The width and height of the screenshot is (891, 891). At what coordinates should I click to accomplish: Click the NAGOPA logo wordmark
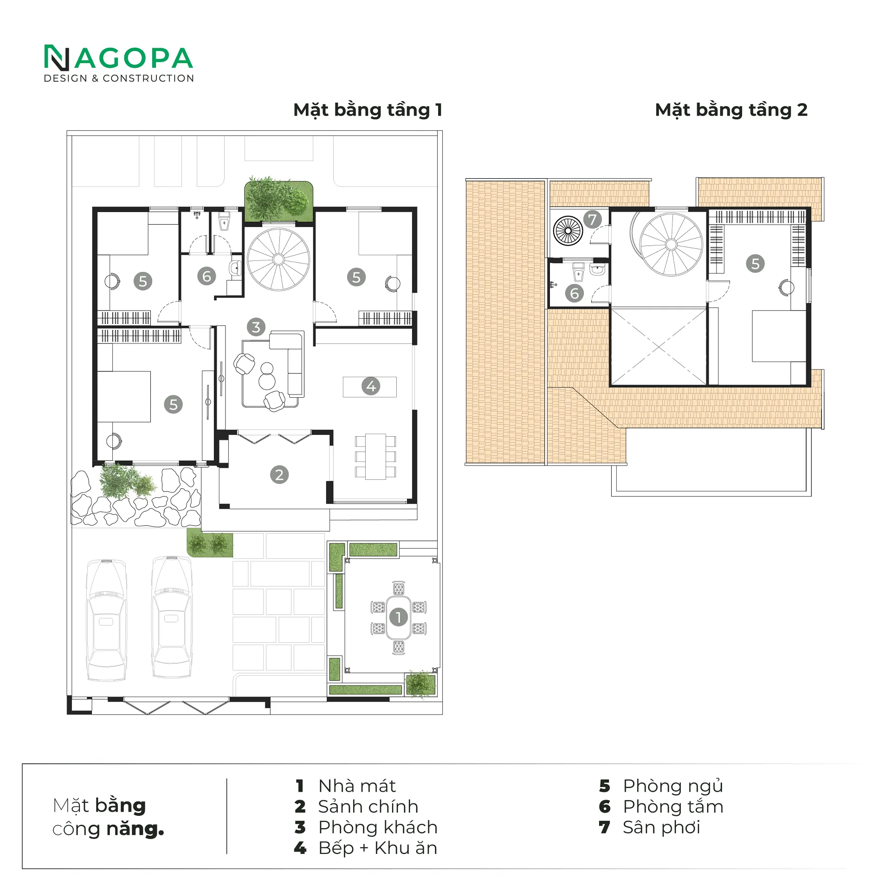[x=118, y=58]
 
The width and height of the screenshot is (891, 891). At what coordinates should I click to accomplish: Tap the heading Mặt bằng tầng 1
[x=368, y=110]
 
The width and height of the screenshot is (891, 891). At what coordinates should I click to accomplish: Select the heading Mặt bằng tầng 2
[x=731, y=110]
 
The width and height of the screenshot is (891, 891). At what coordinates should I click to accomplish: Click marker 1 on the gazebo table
[x=398, y=617]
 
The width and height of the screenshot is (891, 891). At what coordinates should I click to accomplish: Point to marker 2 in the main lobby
[x=279, y=475]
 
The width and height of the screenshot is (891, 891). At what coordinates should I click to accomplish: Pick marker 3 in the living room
[x=256, y=327]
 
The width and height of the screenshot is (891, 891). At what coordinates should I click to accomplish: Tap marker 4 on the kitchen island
[x=371, y=386]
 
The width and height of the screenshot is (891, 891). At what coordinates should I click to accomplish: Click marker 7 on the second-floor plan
[x=592, y=219]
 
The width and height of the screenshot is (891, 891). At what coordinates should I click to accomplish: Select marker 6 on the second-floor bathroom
[x=575, y=293]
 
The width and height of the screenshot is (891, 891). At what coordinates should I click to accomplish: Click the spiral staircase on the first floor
[x=278, y=259]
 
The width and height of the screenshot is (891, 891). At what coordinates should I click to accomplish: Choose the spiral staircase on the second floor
[x=671, y=245]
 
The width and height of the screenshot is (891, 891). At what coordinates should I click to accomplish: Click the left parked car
[x=107, y=620]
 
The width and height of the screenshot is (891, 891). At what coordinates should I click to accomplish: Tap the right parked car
[x=172, y=617]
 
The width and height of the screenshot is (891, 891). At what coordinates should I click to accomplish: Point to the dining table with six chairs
[x=375, y=457]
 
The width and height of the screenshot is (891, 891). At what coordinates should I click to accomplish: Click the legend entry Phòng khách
[x=378, y=827]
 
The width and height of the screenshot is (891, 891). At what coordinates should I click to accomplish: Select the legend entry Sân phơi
[x=661, y=827]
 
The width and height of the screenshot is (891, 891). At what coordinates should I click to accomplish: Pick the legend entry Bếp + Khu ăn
[x=378, y=848]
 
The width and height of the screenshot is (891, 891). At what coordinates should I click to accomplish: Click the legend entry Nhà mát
[x=357, y=786]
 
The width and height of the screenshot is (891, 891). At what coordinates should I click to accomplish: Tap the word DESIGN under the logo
[x=65, y=78]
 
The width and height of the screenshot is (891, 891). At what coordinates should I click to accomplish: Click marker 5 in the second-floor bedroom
[x=755, y=264]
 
